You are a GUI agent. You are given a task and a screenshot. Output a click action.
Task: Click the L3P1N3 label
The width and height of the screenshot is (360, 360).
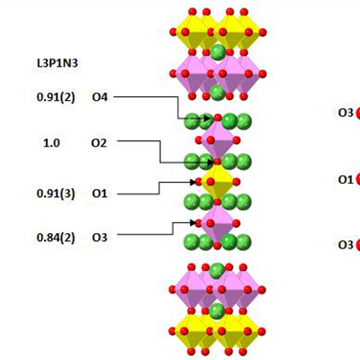coord(57,63)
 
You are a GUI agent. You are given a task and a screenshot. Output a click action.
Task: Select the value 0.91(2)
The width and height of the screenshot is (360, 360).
coord(56,97)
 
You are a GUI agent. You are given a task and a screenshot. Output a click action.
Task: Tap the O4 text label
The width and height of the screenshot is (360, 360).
coord(100,97)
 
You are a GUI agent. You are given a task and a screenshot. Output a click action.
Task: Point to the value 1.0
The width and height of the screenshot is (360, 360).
coord(51,143)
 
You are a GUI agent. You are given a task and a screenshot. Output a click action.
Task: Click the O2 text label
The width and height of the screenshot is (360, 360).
coord(99,143)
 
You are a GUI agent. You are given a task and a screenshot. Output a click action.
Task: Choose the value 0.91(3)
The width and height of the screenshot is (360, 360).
coord(56,193)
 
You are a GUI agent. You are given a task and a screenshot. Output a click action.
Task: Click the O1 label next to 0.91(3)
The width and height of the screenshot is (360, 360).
coord(100,193)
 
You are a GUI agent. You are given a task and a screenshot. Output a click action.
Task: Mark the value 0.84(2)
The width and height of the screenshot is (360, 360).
coord(56,238)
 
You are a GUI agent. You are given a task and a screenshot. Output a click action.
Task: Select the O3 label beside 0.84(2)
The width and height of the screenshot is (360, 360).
coord(100,238)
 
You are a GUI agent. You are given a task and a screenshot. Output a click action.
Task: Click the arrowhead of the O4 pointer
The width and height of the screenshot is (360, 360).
coord(207,119)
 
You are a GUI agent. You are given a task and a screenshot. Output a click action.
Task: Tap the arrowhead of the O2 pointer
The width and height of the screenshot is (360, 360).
coord(211,162)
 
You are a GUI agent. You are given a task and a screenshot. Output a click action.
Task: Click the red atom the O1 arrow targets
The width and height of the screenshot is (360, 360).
coord(199,182)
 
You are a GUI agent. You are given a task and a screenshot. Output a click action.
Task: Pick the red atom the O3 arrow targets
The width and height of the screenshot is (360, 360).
coord(199,223)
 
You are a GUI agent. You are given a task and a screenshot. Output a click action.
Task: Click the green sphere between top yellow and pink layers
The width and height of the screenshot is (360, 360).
coord(218,52)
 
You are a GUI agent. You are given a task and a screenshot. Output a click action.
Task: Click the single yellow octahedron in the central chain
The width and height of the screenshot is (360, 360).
coord(218,182)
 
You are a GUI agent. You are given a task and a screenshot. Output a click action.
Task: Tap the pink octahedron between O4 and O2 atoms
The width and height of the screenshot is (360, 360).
coord(218,139)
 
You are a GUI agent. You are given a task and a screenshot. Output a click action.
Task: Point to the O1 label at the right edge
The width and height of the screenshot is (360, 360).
coord(346,179)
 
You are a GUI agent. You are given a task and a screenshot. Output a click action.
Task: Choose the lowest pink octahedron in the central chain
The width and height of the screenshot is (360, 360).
coord(218,223)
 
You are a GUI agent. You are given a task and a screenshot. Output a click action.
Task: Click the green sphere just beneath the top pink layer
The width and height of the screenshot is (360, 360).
coord(218,93)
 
